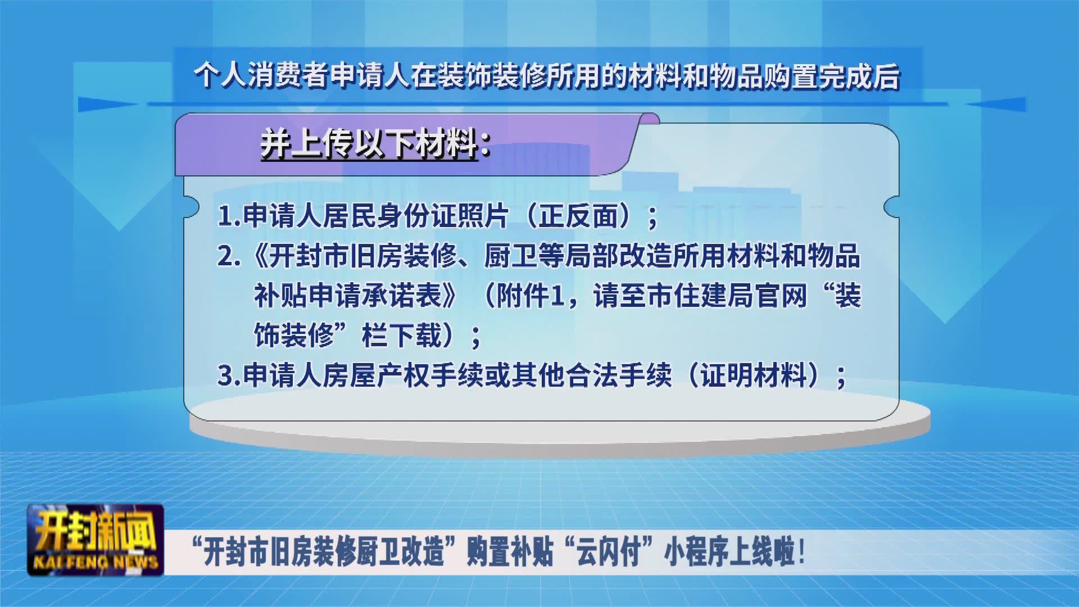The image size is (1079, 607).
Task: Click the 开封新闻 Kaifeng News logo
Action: coord(96,540)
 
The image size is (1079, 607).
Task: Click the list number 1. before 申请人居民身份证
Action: coord(229,216)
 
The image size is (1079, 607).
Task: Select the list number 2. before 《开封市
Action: coord(229,256)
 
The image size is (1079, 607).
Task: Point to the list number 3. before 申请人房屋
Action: coord(229,375)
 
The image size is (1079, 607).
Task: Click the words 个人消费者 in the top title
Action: coord(261,75)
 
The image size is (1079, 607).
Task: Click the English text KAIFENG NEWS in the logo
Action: coord(96,561)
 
